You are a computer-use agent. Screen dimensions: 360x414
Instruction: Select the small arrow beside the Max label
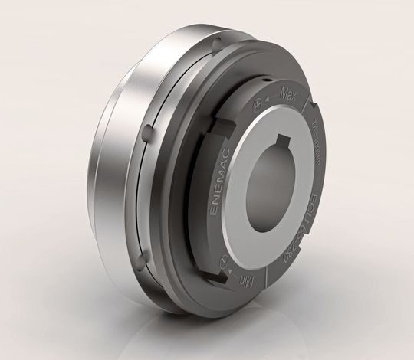tap(271, 98)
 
